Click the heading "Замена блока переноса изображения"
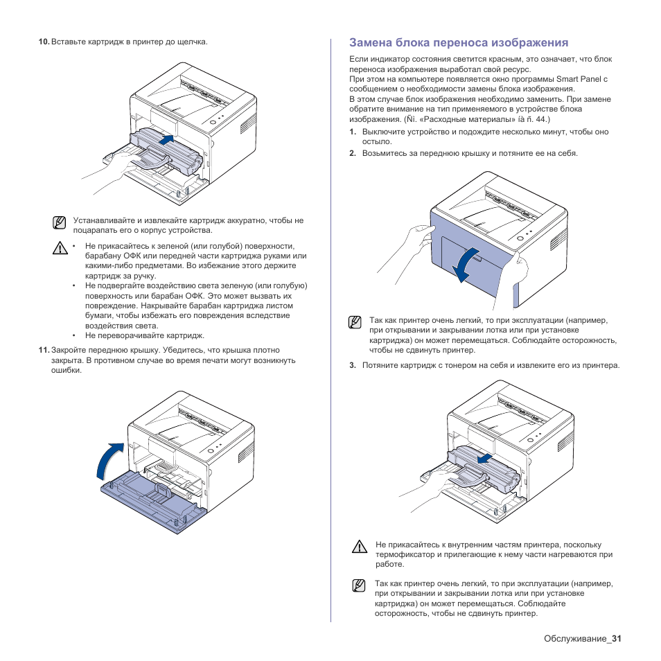[x=459, y=42]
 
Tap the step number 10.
[x=44, y=42]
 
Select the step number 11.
[x=44, y=351]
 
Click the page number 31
[x=617, y=638]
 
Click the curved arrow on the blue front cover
[x=466, y=263]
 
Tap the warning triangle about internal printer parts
[x=358, y=547]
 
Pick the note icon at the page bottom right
[x=358, y=585]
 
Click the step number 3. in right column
[x=353, y=365]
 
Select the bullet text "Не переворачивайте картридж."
[x=144, y=336]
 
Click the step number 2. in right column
[x=353, y=153]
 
